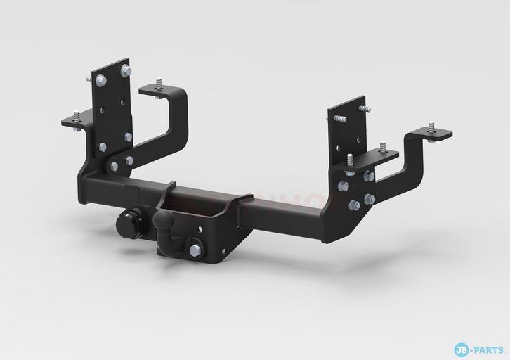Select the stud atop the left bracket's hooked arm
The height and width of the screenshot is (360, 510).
coord(159,84)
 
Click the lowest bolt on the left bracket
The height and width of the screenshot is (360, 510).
coord(114,167)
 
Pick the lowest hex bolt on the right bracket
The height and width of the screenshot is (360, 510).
coord(354,205)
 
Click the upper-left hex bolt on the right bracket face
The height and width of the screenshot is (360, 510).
coord(344,186)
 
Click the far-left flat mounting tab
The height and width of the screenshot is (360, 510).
coord(73,122)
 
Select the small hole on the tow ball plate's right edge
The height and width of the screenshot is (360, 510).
coord(223,251)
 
